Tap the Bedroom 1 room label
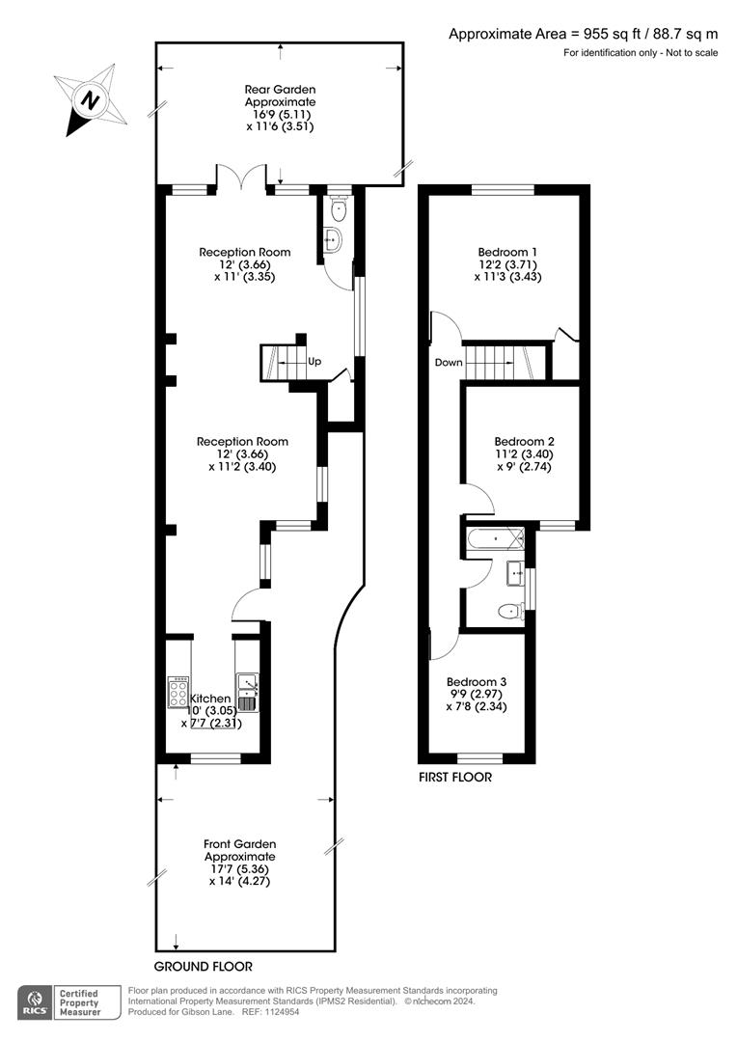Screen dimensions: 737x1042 point(507,252)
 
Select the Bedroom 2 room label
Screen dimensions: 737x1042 point(525,441)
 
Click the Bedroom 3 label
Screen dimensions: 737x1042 point(477,682)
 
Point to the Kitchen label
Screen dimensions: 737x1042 point(210,699)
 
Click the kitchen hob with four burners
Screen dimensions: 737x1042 point(178,693)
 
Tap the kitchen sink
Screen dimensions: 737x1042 point(247,693)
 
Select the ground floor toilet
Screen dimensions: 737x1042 point(339,208)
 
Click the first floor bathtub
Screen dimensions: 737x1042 point(495,539)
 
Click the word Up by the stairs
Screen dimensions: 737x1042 point(314,362)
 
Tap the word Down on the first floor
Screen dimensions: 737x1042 point(449,362)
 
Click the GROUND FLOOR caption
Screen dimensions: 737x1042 point(204,966)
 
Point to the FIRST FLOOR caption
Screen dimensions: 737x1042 point(455,777)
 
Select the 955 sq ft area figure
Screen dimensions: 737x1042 point(609,34)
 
